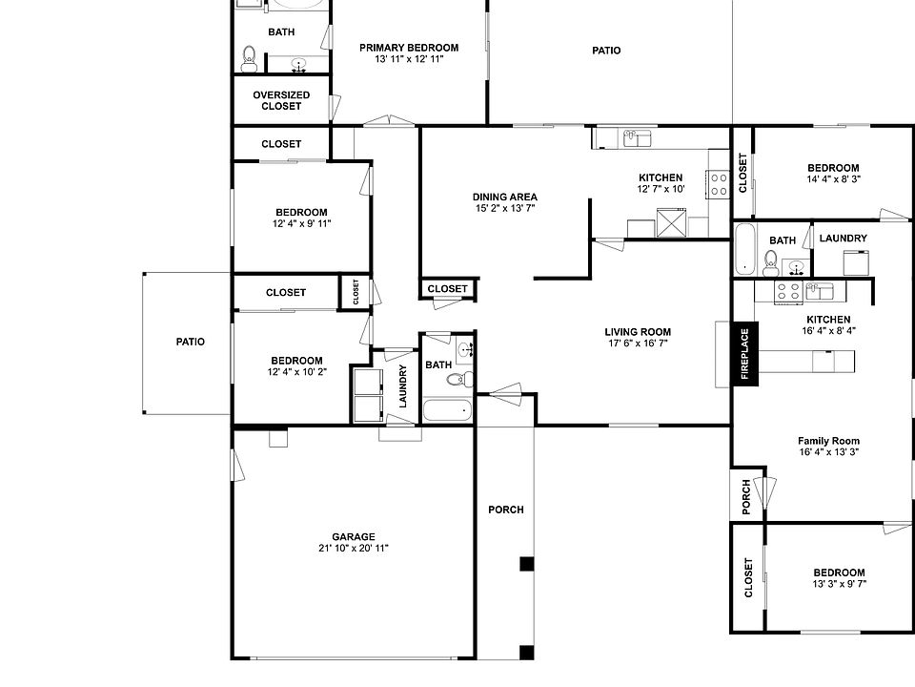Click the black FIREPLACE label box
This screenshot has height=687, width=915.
pyautogui.click(x=745, y=354)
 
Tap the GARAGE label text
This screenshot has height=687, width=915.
pyautogui.click(x=354, y=536)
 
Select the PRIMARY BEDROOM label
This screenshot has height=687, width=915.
pyautogui.click(x=408, y=47)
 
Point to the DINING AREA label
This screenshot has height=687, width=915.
pyautogui.click(x=504, y=197)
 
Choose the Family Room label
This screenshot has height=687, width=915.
pyautogui.click(x=828, y=441)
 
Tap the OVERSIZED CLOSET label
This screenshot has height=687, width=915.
pyautogui.click(x=281, y=100)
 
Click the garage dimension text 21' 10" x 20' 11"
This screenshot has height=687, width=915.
pyautogui.click(x=354, y=549)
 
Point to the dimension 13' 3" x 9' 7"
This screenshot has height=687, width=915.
pyautogui.click(x=839, y=584)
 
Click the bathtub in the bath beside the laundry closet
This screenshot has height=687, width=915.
pyautogui.click(x=447, y=411)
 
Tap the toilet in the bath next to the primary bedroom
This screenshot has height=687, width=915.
pyautogui.click(x=249, y=58)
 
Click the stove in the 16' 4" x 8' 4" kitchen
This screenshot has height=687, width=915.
pyautogui.click(x=788, y=291)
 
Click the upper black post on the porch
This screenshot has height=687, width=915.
pyautogui.click(x=526, y=563)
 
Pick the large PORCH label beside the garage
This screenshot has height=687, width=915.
pyautogui.click(x=506, y=510)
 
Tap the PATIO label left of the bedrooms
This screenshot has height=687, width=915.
pyautogui.click(x=191, y=342)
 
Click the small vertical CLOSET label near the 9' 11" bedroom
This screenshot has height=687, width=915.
pyautogui.click(x=356, y=292)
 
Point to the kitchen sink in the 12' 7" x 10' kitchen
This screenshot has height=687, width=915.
pyautogui.click(x=636, y=139)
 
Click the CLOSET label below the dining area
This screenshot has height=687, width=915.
pyautogui.click(x=447, y=288)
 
